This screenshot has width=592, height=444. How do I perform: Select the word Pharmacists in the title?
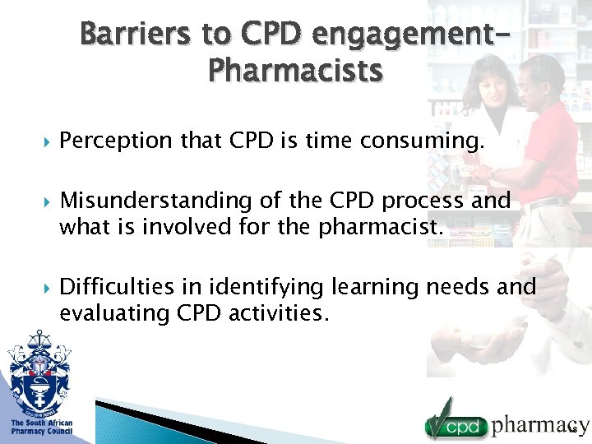tap(296, 72)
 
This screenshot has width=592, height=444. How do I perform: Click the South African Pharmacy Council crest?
tap(39, 370)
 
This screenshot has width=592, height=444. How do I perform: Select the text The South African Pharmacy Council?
tap(41, 427)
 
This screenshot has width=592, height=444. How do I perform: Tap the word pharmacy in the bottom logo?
tap(539, 424)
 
